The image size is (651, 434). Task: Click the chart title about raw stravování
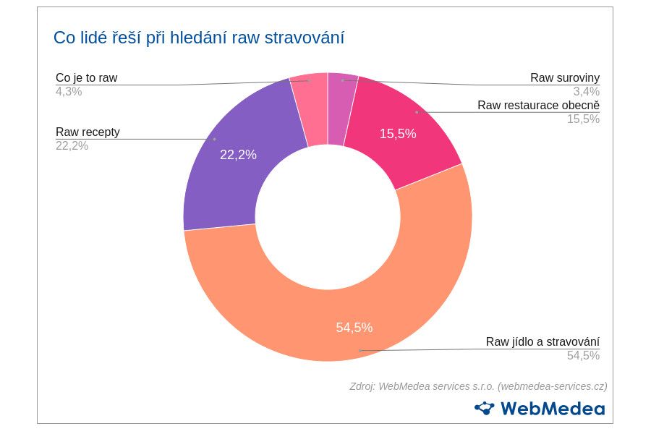click(x=199, y=38)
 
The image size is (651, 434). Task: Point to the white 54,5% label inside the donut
click(x=354, y=328)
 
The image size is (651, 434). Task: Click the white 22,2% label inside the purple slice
click(x=238, y=154)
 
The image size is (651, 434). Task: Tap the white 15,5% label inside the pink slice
click(x=398, y=134)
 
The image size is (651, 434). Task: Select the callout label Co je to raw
click(x=86, y=77)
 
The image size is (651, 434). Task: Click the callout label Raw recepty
click(x=88, y=132)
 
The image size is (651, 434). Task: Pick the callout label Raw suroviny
click(x=565, y=77)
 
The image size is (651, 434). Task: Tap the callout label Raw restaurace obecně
click(x=538, y=106)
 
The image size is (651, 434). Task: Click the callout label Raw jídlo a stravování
click(x=542, y=342)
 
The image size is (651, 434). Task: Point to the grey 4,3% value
click(x=69, y=92)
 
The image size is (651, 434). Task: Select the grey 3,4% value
click(x=586, y=92)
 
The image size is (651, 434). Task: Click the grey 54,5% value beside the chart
click(x=583, y=356)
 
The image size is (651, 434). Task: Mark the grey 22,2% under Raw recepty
click(x=72, y=146)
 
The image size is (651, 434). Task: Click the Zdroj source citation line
click(x=478, y=386)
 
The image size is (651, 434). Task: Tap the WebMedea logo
click(x=540, y=409)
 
